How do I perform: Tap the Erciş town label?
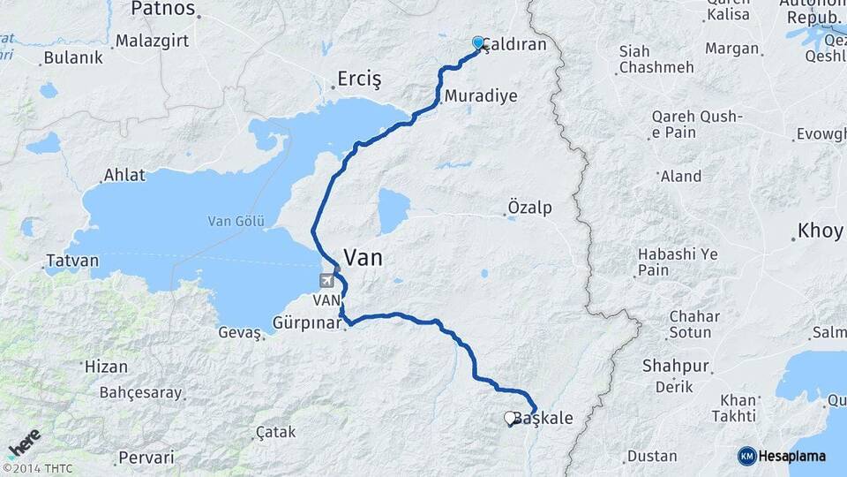[x=359, y=80]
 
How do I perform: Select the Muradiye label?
[x=481, y=96]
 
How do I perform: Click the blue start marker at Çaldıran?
[x=478, y=42]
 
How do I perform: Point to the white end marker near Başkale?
[x=510, y=418]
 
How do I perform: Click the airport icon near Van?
[x=328, y=281]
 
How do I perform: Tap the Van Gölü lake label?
[x=236, y=221]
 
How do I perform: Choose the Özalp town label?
[x=529, y=208]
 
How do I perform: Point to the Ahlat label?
[x=124, y=175]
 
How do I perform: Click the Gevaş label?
[x=240, y=333]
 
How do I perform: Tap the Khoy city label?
[x=820, y=232]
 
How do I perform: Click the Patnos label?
[x=162, y=10]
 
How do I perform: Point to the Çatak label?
[x=275, y=432]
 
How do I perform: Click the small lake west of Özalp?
[x=394, y=211]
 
